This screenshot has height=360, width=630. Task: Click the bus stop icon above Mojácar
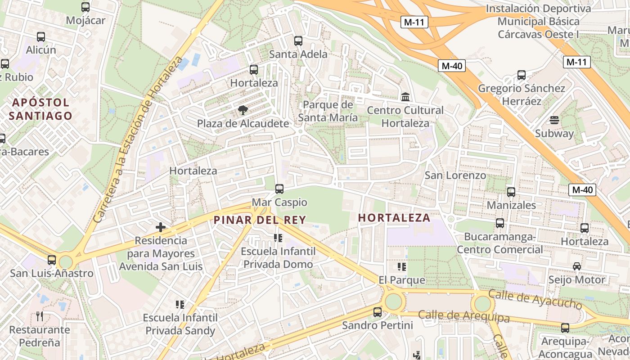pyautogui.click(x=85, y=7)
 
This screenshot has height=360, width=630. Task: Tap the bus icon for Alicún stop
pyautogui.click(x=41, y=37)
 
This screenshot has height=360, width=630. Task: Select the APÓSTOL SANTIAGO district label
pyautogui.click(x=40, y=109)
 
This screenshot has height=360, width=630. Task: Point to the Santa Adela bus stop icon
pyautogui.click(x=298, y=41)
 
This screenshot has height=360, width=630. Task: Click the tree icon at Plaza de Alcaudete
pyautogui.click(x=243, y=110)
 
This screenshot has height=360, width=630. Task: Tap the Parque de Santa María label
pyautogui.click(x=328, y=111)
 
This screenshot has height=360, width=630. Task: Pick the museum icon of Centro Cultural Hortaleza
pyautogui.click(x=405, y=97)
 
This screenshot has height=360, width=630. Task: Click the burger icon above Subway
pyautogui.click(x=554, y=120)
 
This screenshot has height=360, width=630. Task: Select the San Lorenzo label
pyautogui.click(x=455, y=175)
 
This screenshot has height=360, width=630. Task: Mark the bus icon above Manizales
pyautogui.click(x=511, y=192)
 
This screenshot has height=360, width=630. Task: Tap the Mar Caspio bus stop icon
pyautogui.click(x=279, y=189)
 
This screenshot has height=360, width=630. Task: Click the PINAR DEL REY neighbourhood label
pyautogui.click(x=260, y=220)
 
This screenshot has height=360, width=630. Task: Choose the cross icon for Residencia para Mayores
pyautogui.click(x=161, y=227)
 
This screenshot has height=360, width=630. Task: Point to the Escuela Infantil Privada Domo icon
pyautogui.click(x=278, y=238)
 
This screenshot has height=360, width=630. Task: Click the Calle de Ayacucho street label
pyautogui.click(x=535, y=299)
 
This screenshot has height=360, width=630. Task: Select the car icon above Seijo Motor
pyautogui.click(x=577, y=266)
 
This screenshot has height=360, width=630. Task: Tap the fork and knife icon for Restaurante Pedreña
pyautogui.click(x=40, y=316)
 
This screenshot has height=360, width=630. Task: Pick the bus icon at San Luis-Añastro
pyautogui.click(x=52, y=260)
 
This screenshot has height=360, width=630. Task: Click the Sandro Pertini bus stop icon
pyautogui.click(x=378, y=312)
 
